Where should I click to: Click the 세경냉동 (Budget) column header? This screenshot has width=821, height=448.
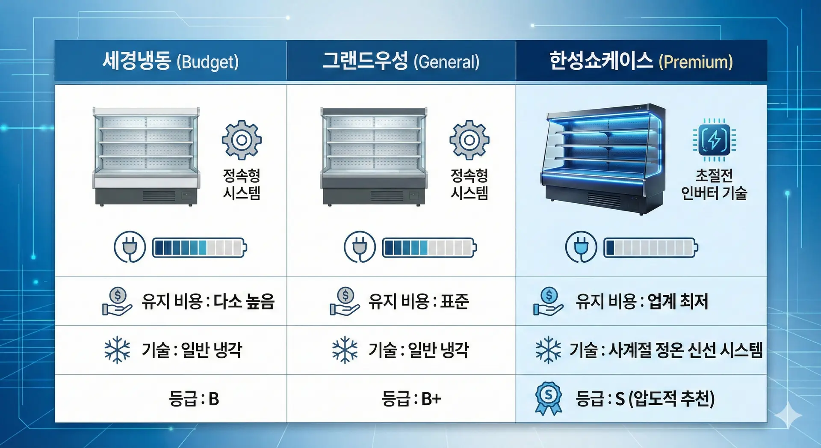tap(171, 61)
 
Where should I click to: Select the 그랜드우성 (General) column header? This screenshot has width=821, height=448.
tap(401, 61)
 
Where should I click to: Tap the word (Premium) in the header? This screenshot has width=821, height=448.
tap(696, 62)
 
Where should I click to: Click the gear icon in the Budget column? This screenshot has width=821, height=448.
tap(242, 140)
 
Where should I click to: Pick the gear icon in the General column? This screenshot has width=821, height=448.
tap(469, 140)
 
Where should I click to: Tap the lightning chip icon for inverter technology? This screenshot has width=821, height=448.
tap(714, 140)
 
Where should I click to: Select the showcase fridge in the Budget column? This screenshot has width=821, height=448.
tap(146, 157)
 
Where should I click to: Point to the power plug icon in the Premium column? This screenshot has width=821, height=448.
tap(581, 247)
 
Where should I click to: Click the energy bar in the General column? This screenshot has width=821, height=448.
tap(429, 248)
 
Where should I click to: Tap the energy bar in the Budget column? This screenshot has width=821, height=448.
tap(200, 248)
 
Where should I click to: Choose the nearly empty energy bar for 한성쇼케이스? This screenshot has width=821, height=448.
tap(651, 248)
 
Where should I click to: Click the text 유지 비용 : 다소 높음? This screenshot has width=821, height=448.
tap(208, 302)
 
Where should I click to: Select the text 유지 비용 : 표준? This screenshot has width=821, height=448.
tap(419, 302)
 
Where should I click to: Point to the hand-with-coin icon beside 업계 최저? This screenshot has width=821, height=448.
tap(548, 301)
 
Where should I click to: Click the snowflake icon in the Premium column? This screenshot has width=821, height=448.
tap(548, 350)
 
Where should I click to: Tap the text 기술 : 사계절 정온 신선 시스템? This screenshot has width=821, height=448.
tap(666, 350)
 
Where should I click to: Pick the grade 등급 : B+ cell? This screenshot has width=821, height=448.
tap(411, 399)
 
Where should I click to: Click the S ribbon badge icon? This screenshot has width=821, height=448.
tap(549, 398)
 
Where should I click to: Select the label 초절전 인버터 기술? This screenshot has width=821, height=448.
tap(714, 184)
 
